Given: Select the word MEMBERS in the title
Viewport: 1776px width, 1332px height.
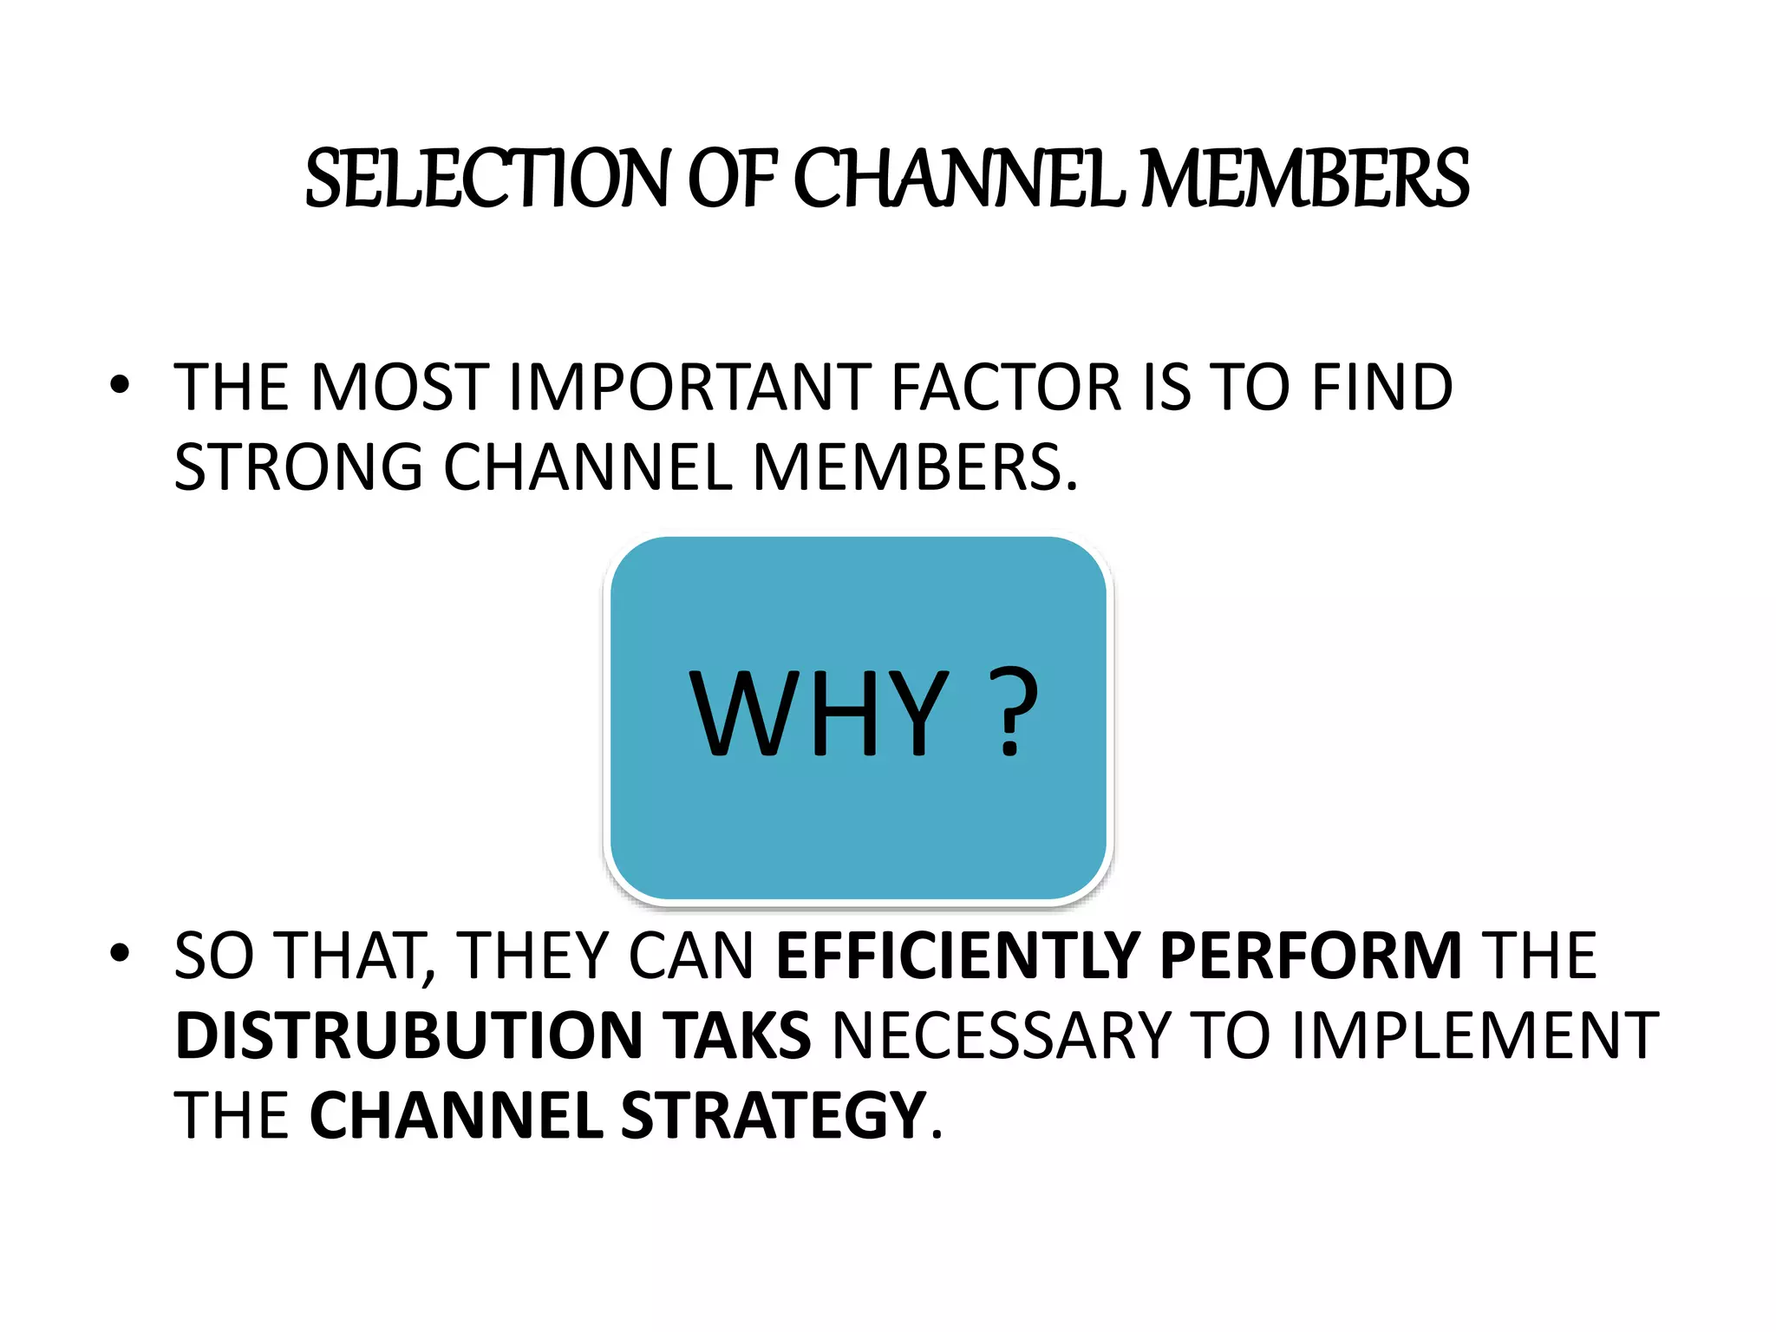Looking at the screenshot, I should coord(1305,179).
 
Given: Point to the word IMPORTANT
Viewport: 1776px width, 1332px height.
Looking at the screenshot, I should coord(689,387).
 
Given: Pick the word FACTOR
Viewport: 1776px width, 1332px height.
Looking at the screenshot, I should coord(1007,387).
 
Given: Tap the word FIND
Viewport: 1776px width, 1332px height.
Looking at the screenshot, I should coord(1382,387).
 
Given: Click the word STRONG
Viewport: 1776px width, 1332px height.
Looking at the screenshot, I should coord(298,467).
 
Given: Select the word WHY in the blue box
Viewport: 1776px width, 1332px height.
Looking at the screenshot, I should coord(819,715).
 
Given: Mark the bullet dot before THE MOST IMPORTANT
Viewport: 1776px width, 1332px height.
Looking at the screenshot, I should coord(120,384).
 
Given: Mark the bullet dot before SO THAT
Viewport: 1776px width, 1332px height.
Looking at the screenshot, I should coord(120,953).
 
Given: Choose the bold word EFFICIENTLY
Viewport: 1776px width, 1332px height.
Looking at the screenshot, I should coord(957,956).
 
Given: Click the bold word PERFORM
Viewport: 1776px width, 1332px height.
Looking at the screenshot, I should coord(1310,956).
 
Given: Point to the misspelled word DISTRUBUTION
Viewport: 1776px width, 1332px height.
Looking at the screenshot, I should coord(408,1035).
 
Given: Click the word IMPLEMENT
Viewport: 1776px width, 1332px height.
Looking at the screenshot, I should coord(1475,1035).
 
